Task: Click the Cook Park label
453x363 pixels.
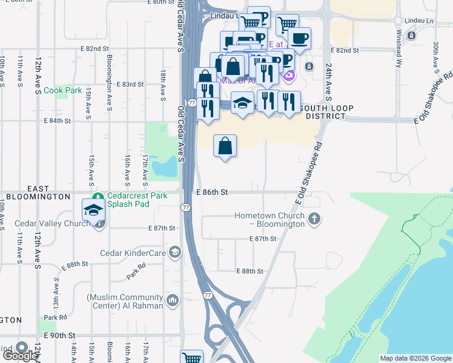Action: [62, 90]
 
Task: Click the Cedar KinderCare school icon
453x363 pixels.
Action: [175, 252]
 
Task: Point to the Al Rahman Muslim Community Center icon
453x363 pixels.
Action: [173, 301]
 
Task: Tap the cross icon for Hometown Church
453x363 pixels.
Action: [314, 219]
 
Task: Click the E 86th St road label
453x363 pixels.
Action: [212, 192]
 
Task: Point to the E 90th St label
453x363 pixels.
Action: [59, 335]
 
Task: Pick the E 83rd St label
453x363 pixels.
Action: [130, 84]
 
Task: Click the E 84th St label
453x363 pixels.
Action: [58, 121]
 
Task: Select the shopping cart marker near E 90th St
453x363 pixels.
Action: [191, 358]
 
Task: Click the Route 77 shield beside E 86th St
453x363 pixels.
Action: [186, 208]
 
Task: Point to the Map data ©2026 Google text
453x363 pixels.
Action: [415, 358]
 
